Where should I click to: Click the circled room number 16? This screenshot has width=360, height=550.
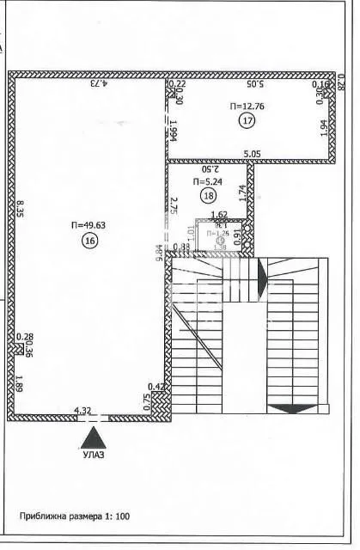click(89, 242)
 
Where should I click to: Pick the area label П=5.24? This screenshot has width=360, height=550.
click(209, 181)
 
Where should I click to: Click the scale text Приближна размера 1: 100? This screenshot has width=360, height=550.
click(75, 516)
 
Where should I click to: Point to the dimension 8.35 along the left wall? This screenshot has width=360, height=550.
click(21, 208)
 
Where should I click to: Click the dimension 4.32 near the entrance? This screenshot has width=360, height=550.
click(83, 411)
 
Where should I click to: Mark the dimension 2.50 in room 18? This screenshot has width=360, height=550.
click(209, 168)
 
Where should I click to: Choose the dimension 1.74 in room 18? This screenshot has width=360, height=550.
click(242, 194)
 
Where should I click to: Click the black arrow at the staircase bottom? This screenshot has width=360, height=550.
click(293, 407)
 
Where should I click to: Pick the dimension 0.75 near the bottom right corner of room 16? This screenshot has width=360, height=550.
click(146, 400)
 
